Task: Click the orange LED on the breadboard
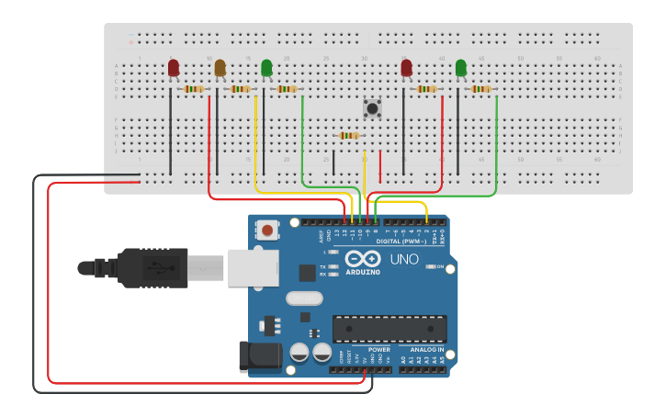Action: pyautogui.click(x=220, y=68)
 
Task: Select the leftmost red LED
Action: pyautogui.click(x=174, y=68)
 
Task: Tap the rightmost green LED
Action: pyautogui.click(x=460, y=68)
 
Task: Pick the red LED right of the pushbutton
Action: pyautogui.click(x=406, y=68)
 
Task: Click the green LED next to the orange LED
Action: pyautogui.click(x=266, y=68)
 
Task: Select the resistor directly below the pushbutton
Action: pyautogui.click(x=349, y=135)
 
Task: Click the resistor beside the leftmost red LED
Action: pyautogui.click(x=194, y=89)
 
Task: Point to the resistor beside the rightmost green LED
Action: pyautogui.click(x=480, y=89)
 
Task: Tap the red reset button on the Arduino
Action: pyautogui.click(x=267, y=230)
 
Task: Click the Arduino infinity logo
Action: pyautogui.click(x=363, y=259)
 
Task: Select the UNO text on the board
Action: pyautogui.click(x=405, y=260)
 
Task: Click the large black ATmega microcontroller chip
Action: pyautogui.click(x=389, y=329)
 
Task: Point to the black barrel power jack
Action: pyautogui.click(x=259, y=357)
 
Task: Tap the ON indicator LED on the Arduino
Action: pyautogui.click(x=431, y=267)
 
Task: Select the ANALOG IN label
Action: pyautogui.click(x=426, y=350)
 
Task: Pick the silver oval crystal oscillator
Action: pyautogui.click(x=304, y=298)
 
